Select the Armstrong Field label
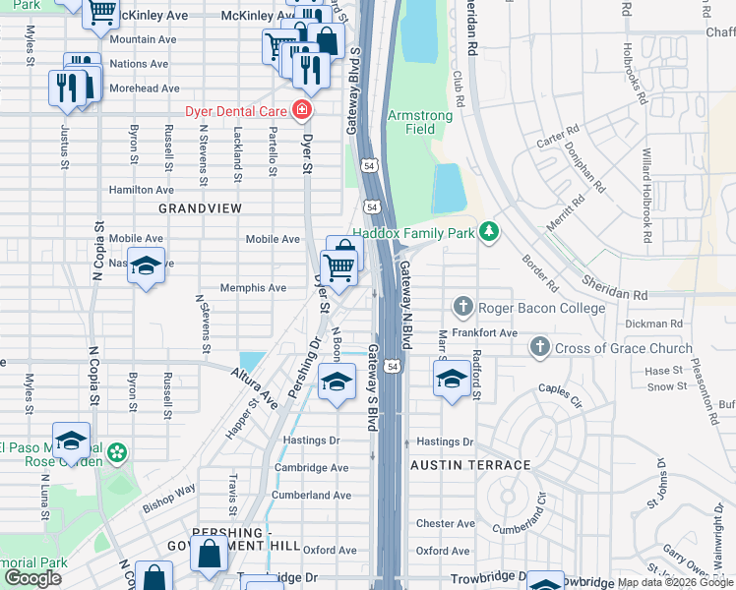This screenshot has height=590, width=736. click(420, 122)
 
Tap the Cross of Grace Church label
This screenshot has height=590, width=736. click(609, 348)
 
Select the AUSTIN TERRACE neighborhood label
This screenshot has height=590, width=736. click(470, 465)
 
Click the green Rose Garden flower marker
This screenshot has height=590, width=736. click(118, 453)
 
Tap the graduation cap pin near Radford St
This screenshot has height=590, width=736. click(452, 379)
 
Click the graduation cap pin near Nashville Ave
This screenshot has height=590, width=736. click(146, 266)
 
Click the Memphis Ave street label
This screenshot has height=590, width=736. click(253, 288)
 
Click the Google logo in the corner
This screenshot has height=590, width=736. click(32, 578)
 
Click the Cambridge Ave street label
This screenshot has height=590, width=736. click(312, 468)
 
